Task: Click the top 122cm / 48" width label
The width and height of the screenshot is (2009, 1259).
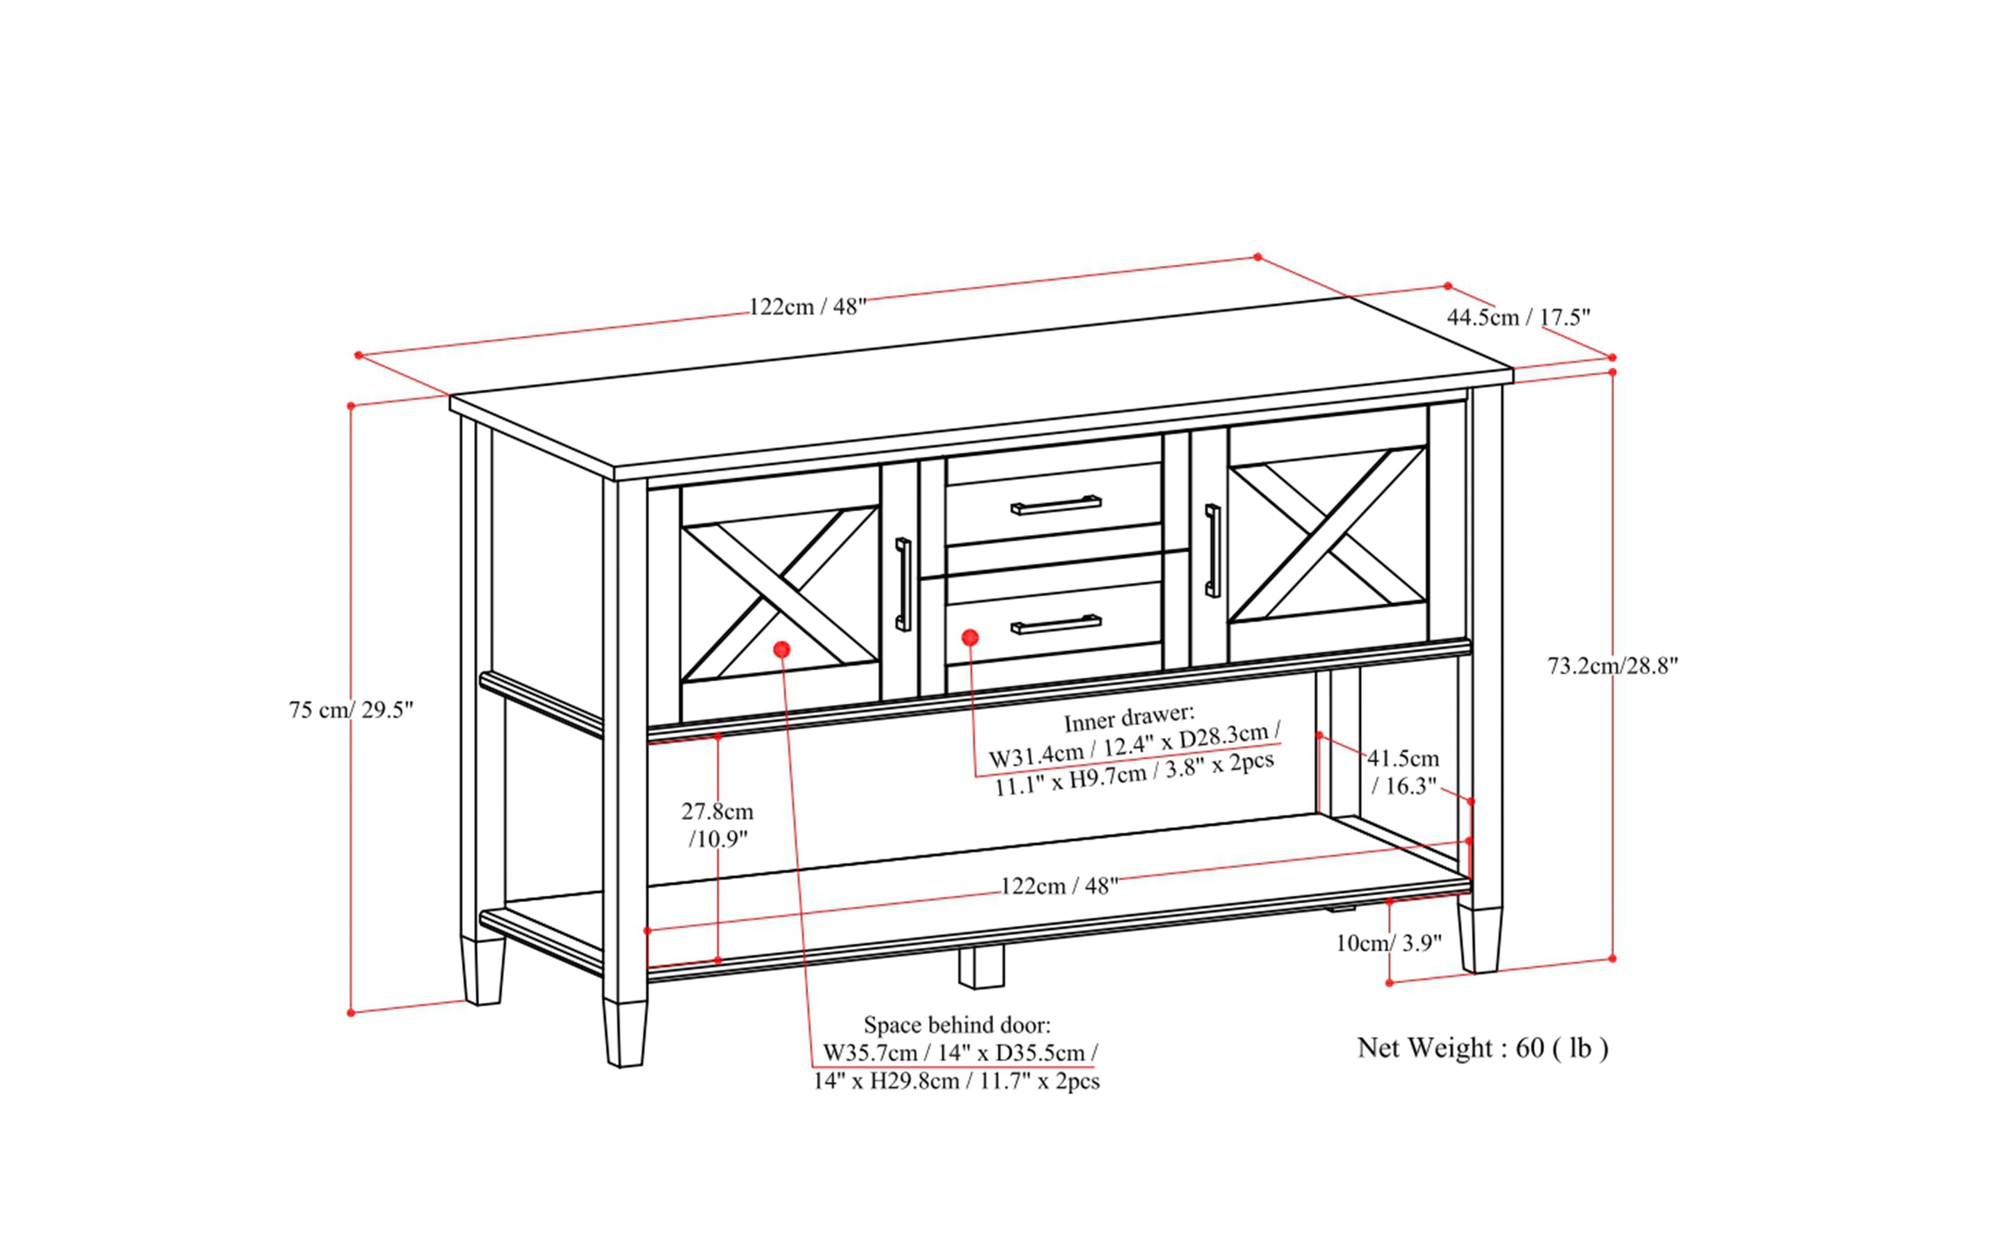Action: (807, 307)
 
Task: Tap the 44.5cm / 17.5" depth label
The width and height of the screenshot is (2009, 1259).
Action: (1518, 317)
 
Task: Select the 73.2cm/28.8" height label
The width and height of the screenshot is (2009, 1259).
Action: (1612, 665)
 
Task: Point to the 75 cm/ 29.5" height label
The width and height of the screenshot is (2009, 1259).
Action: (350, 709)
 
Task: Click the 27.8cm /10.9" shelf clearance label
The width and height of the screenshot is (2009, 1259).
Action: (717, 824)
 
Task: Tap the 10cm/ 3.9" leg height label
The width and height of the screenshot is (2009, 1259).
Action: (1388, 943)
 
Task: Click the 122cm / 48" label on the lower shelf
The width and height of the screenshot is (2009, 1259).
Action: (1059, 886)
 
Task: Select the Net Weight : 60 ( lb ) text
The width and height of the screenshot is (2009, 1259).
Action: (1482, 1048)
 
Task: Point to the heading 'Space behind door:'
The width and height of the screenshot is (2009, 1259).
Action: (957, 1024)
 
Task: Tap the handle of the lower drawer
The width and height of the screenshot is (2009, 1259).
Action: (1055, 624)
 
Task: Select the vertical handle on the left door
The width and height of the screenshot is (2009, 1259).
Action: (903, 584)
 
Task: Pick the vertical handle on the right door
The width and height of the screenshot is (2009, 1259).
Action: (1212, 550)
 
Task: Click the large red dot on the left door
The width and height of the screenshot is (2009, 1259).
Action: (781, 649)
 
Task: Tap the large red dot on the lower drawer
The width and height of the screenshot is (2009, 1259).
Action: (970, 638)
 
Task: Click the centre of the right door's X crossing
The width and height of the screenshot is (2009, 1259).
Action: (1328, 534)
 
